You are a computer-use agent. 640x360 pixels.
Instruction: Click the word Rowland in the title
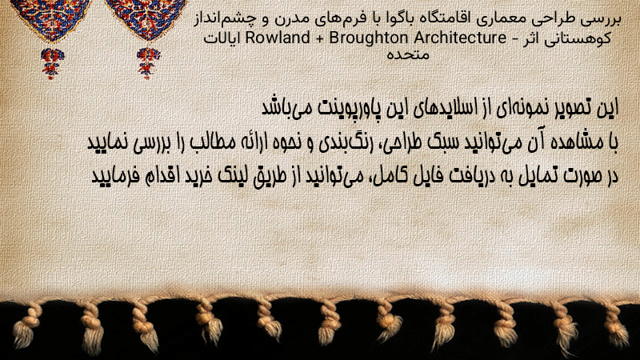[278, 38]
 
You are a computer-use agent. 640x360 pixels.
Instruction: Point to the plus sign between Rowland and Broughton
[319, 38]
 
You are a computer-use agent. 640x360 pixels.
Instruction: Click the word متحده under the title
[408, 54]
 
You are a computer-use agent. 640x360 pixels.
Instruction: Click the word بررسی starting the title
[603, 19]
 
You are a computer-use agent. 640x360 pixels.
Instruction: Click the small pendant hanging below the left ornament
[51, 62]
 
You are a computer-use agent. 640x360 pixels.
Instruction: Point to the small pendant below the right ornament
[148, 62]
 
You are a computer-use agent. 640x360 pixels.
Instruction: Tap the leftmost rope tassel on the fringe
[26, 326]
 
